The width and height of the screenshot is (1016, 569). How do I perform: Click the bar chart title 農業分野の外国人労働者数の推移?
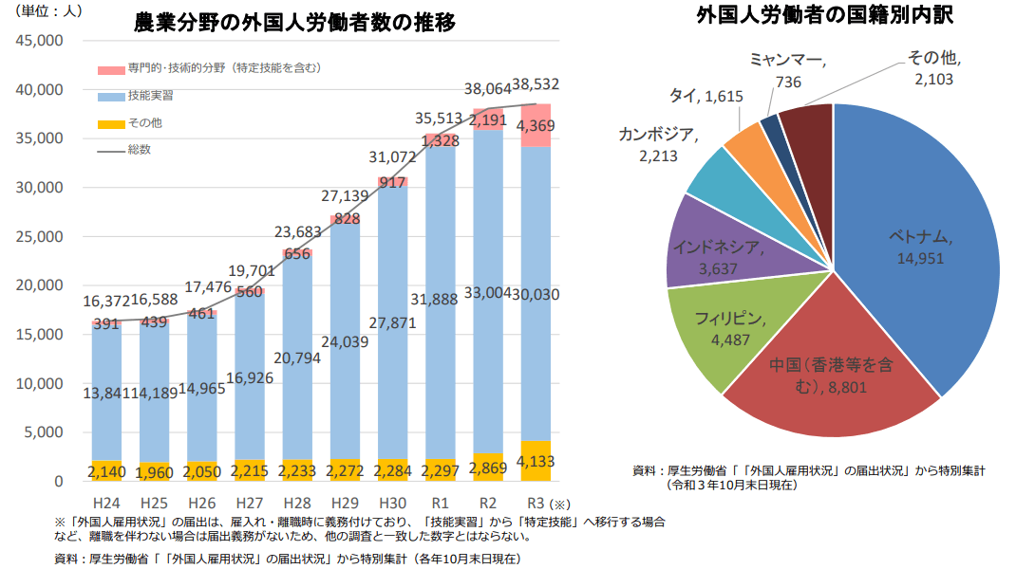coord(294,24)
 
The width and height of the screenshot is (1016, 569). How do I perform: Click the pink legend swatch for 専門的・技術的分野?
coord(111,69)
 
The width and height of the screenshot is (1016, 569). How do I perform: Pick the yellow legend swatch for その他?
coord(111,123)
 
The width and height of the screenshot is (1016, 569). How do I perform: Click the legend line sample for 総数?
coord(111,150)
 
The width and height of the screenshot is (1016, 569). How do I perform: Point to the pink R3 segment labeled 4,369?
coord(536,126)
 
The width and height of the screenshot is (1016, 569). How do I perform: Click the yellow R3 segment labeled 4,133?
coord(536,462)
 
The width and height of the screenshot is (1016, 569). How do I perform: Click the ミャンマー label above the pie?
coord(785,60)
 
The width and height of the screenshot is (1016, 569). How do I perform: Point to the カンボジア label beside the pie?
coord(656,134)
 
